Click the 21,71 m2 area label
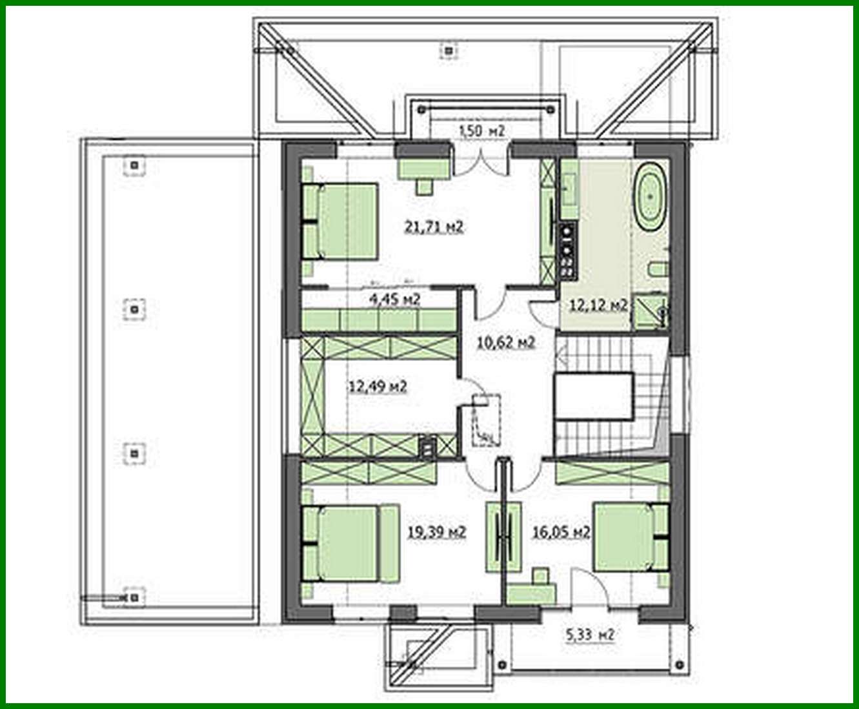pos(434,227)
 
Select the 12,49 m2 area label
pos(378,387)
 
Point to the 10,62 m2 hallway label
pos(506,342)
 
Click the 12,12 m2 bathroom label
pos(598,305)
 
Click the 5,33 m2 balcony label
pos(590,635)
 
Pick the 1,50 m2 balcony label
pos(481,131)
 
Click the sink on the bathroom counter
pos(569,189)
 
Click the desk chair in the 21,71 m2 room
pos(425,187)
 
